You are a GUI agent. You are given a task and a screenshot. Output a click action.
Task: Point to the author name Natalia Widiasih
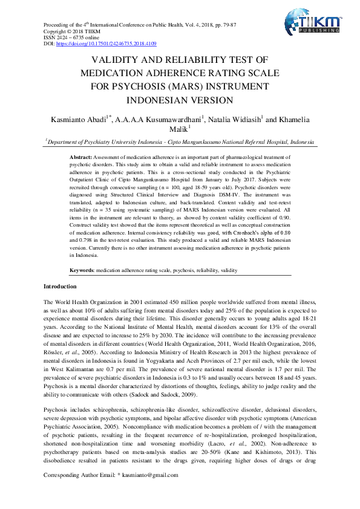click(x=234, y=120)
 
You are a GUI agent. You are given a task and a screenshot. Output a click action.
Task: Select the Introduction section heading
click(x=60, y=286)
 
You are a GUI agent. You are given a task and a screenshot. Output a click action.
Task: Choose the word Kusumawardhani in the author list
click(x=173, y=120)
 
